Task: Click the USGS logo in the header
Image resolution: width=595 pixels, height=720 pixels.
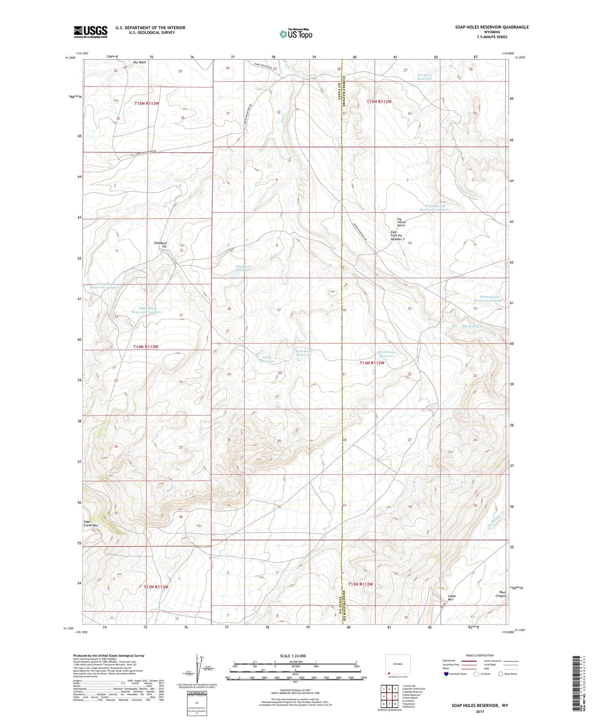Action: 90,32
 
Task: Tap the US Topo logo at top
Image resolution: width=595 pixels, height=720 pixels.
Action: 296,34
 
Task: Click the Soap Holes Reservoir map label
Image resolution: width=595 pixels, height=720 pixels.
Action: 386,354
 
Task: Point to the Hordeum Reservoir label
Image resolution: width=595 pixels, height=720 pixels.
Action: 424,77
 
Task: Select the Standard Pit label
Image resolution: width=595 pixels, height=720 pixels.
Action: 160,245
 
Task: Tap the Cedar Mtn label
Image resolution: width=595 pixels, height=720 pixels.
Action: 451,598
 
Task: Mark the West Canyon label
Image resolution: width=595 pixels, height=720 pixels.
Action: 501,594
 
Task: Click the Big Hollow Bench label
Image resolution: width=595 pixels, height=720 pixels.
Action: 401,222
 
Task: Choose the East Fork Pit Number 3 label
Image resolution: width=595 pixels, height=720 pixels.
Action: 397,235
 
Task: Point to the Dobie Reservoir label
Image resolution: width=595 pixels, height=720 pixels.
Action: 267,359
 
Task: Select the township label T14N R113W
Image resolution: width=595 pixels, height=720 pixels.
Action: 146,347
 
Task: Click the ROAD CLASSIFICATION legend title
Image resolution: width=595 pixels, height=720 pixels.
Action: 480,655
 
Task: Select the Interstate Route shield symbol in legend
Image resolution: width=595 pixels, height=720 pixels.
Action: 446,674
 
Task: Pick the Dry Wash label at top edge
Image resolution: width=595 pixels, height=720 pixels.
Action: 140,62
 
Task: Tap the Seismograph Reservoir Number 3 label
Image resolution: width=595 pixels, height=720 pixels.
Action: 489,299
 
